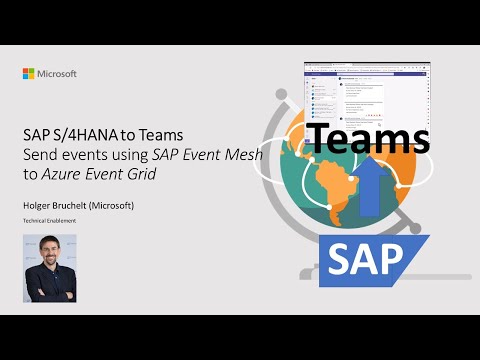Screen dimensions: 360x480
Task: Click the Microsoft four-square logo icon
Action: (x=29, y=74)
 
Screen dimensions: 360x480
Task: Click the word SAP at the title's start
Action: (x=37, y=136)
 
